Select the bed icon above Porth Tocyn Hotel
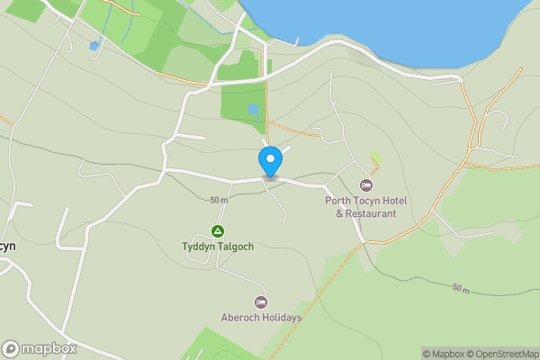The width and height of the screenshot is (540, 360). [366, 184]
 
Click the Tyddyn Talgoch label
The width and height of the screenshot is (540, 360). [217, 246]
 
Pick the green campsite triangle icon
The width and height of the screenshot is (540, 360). [217, 231]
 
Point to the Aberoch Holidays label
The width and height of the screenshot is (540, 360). [261, 318]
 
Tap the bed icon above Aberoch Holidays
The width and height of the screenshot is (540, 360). [261, 302]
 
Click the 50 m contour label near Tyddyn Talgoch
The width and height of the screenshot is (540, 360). [219, 200]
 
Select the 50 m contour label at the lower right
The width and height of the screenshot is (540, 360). [461, 288]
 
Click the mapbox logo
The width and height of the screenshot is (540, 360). [40, 348]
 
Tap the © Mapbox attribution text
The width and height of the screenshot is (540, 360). [443, 354]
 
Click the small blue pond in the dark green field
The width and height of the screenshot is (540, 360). [254, 110]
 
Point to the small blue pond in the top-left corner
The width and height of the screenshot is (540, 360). [94, 45]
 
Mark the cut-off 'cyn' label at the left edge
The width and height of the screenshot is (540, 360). [7, 246]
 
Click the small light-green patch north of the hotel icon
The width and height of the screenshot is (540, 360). [375, 157]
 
